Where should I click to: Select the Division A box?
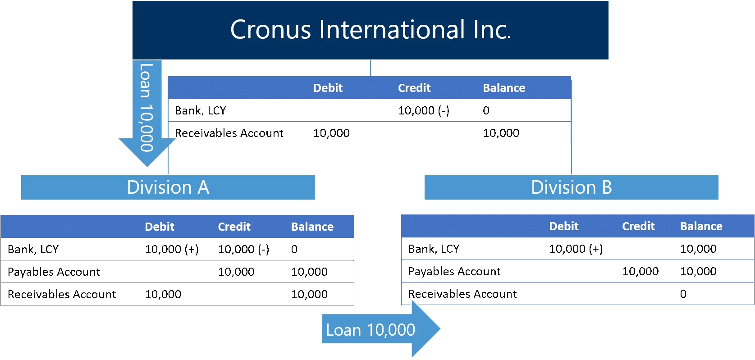pos(168,187)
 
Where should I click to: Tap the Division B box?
pos(571,187)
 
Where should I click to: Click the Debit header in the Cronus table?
pos(328,88)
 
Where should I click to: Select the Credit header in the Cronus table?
pos(414,88)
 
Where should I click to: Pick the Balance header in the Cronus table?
pos(504,88)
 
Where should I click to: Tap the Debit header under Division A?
pos(160,227)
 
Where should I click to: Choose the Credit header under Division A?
pos(234,227)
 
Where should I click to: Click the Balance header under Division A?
pos(312,227)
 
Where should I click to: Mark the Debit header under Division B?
pos(563,226)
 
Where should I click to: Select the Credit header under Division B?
pos(638,226)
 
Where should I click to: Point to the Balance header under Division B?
pos(701,226)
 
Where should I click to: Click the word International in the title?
pos(392,30)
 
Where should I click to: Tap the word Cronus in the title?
pos(270,30)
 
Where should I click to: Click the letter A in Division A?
pos(203,187)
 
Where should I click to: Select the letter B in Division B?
pos(606,187)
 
